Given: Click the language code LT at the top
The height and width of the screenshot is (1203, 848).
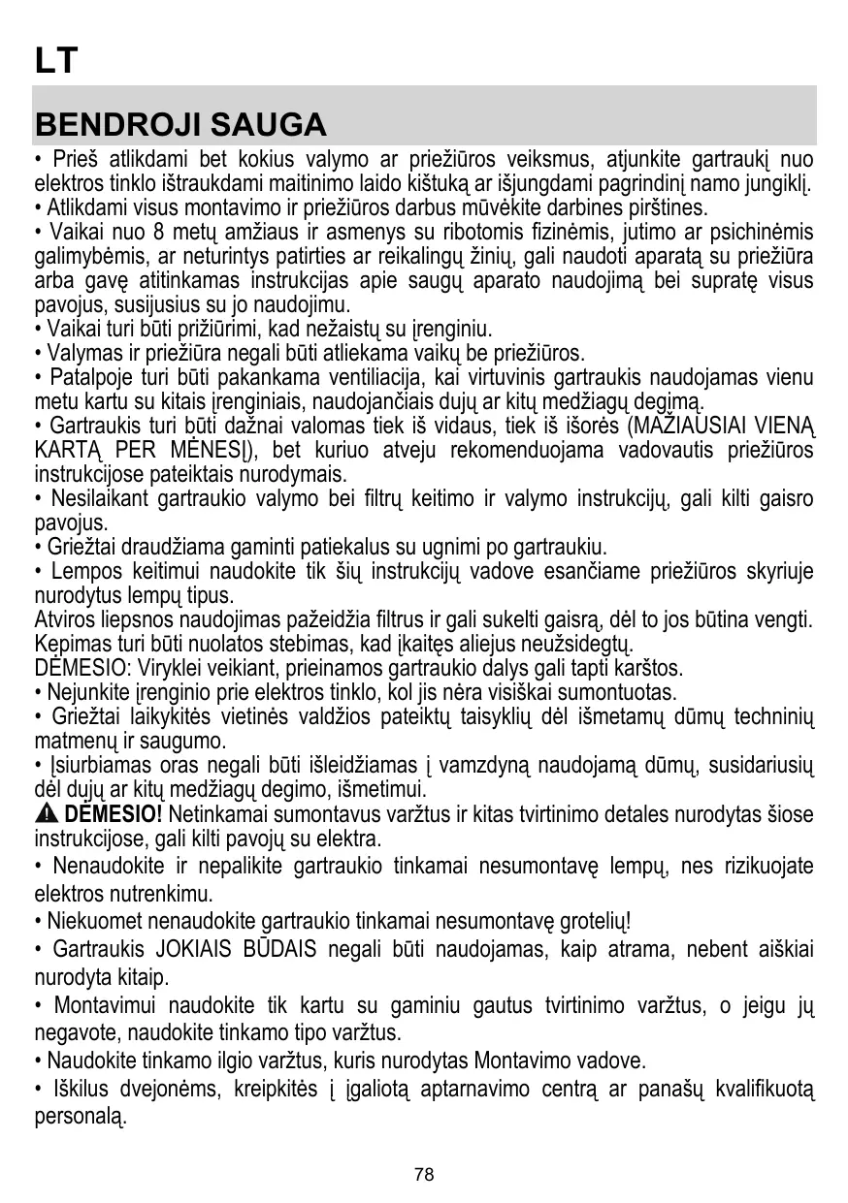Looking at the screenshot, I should tap(54, 61).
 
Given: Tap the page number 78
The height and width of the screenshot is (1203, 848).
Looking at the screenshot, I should tap(424, 1175).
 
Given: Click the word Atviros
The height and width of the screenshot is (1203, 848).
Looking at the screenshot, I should tap(61, 620).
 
